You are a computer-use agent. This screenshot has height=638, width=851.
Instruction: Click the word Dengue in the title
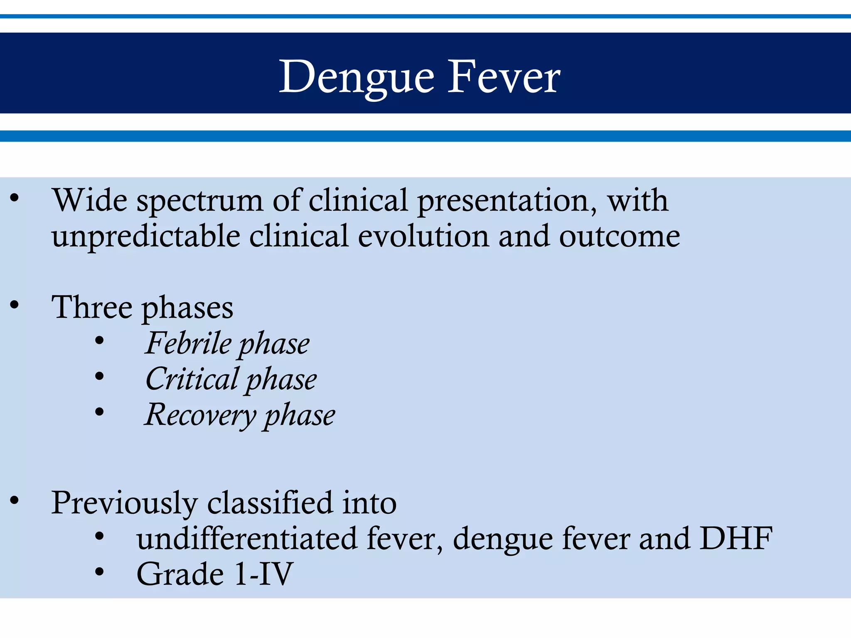click(357, 77)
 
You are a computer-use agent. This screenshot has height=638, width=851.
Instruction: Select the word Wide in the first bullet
click(89, 201)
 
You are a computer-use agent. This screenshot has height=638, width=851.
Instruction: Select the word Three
click(92, 307)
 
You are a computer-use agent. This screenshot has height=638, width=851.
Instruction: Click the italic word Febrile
click(188, 344)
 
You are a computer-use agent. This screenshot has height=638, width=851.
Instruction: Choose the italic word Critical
click(192, 379)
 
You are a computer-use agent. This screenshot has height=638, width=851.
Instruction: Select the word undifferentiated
click(247, 539)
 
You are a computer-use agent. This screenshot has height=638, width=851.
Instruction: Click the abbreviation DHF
click(736, 539)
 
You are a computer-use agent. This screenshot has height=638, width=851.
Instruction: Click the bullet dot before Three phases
click(15, 305)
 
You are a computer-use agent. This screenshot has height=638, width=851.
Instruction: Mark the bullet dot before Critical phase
click(99, 376)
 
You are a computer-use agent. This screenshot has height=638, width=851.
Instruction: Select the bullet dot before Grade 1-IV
click(99, 572)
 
